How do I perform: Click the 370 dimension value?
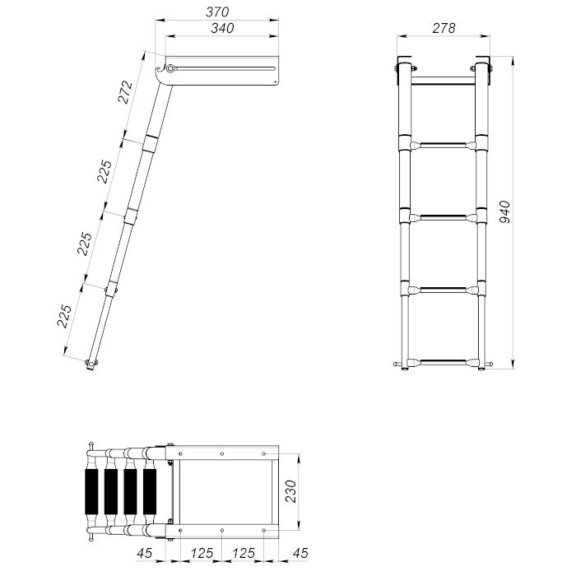click(x=217, y=12)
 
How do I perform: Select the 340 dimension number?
click(x=222, y=28)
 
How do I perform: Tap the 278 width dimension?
click(x=444, y=28)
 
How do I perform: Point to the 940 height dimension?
click(x=505, y=212)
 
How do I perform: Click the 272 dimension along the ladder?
click(x=125, y=92)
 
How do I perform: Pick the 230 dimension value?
click(x=290, y=491)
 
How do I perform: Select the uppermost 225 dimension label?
click(x=104, y=171)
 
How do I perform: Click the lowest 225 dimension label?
click(x=64, y=315)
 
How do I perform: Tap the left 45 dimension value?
click(x=144, y=553)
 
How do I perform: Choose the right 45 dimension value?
click(x=300, y=553)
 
